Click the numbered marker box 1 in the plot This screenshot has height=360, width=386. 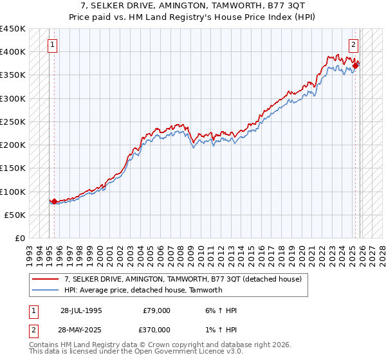52,45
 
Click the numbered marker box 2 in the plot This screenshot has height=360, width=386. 354,45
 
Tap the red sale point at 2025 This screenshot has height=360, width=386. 355,66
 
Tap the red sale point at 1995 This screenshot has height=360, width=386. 54,201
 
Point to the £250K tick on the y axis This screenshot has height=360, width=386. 12,122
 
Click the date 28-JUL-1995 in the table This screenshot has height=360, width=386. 81,310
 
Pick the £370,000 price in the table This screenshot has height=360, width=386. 156,328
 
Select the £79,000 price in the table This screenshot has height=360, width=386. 156,310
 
